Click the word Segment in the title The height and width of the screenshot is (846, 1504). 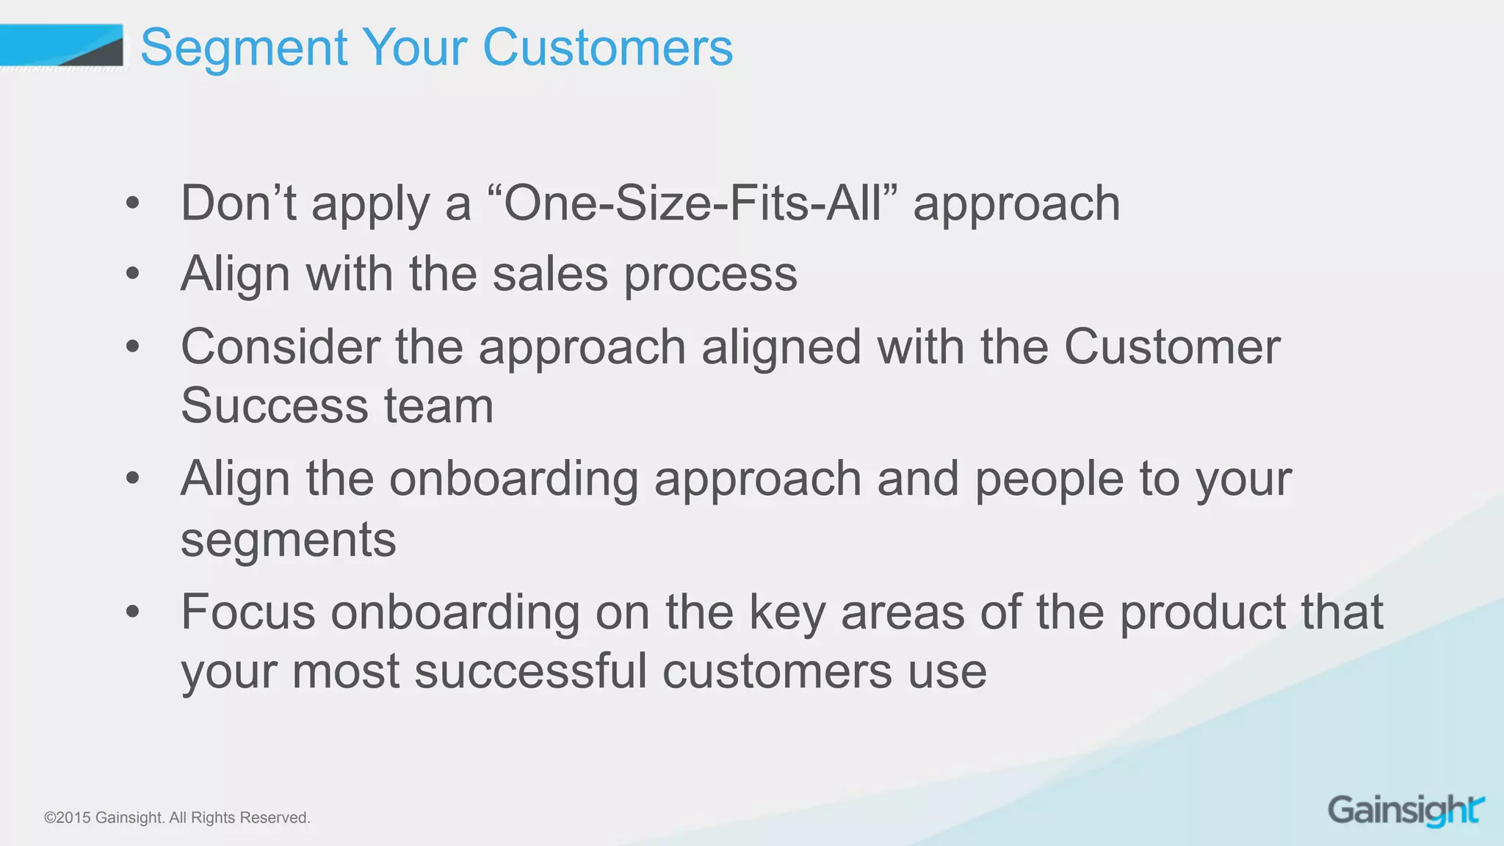243,48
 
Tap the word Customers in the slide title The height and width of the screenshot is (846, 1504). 607,48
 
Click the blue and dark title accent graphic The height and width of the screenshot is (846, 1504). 62,46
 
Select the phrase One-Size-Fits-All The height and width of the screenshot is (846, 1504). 692,203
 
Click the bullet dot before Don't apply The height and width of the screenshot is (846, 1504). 132,203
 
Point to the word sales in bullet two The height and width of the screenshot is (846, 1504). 550,275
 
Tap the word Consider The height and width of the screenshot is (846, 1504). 281,347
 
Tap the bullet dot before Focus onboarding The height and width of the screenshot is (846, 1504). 132,612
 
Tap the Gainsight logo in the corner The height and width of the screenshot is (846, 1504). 1406,811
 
